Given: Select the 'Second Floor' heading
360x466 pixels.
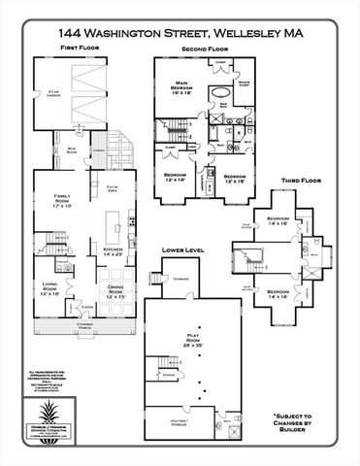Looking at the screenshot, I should tap(203, 47).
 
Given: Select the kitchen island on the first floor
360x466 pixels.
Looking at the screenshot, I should tap(116, 233).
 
